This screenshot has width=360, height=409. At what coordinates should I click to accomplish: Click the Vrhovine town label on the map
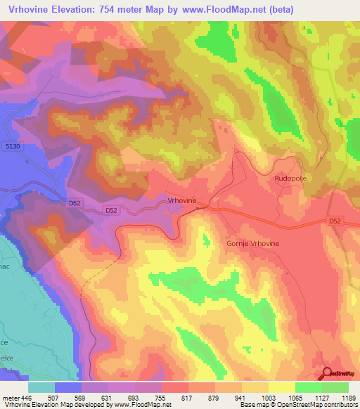click(x=182, y=200)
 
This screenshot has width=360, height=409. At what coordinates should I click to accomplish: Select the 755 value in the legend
click(x=161, y=397)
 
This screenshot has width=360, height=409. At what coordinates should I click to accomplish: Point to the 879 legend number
click(x=214, y=397)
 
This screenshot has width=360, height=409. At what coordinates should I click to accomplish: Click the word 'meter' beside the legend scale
click(x=10, y=397)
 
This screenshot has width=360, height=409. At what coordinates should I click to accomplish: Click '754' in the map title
click(x=118, y=9)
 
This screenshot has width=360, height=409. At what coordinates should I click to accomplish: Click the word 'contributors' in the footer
click(x=339, y=405)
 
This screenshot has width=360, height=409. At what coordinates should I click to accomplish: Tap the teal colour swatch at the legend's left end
click(x=41, y=387)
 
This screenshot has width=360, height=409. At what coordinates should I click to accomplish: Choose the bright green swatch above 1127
click(x=309, y=387)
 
